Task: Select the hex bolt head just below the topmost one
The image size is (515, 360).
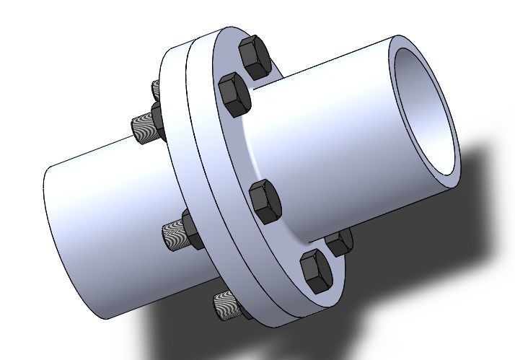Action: pyautogui.click(x=235, y=93)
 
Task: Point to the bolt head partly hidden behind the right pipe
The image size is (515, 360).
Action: pyautogui.click(x=339, y=242)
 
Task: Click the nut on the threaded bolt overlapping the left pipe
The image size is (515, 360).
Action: pyautogui.click(x=192, y=229)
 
